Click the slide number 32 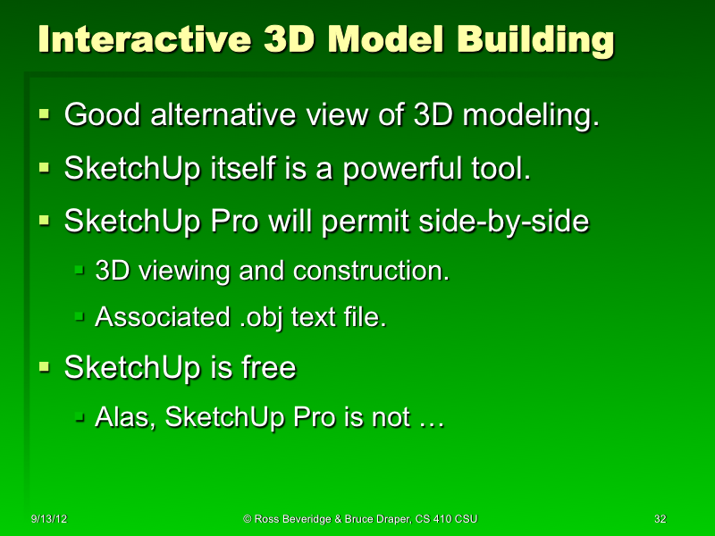coord(660,518)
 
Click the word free coord(267,367)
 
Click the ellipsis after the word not coord(431,418)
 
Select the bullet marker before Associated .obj coord(80,316)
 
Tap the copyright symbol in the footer coord(248,518)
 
